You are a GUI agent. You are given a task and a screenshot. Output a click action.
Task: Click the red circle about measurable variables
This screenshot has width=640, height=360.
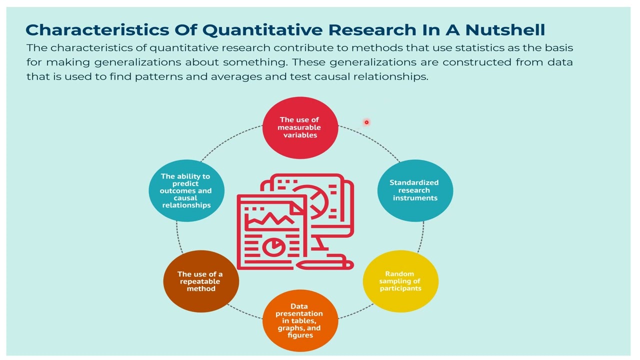[x=300, y=127]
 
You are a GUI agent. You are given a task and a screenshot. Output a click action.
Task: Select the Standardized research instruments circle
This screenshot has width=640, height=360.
[x=415, y=190]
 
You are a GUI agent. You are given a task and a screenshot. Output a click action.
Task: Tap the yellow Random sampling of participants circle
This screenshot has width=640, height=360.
[x=400, y=281]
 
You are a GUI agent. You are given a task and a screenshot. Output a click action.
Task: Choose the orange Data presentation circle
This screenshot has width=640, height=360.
[x=300, y=320]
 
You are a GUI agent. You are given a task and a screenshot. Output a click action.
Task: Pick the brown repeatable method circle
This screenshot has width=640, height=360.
[x=201, y=281]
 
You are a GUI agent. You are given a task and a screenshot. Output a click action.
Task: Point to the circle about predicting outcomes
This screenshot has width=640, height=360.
[x=186, y=190]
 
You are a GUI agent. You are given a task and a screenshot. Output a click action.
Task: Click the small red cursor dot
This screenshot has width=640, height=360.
[x=366, y=122]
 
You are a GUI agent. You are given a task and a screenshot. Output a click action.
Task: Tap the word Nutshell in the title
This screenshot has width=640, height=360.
[x=505, y=29]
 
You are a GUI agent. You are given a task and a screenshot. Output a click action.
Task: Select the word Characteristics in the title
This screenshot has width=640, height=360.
[x=97, y=29]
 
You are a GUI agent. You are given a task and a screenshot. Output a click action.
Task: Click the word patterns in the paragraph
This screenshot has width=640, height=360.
[x=158, y=76]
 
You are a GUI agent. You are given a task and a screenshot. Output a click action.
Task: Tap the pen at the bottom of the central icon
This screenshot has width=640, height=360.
[x=325, y=264]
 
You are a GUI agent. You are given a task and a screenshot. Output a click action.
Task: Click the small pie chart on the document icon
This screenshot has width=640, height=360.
[x=273, y=247]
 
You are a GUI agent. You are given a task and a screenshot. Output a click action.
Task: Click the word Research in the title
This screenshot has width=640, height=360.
[x=372, y=29]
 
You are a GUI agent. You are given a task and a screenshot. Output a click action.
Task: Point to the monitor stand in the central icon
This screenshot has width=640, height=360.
[x=320, y=244]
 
